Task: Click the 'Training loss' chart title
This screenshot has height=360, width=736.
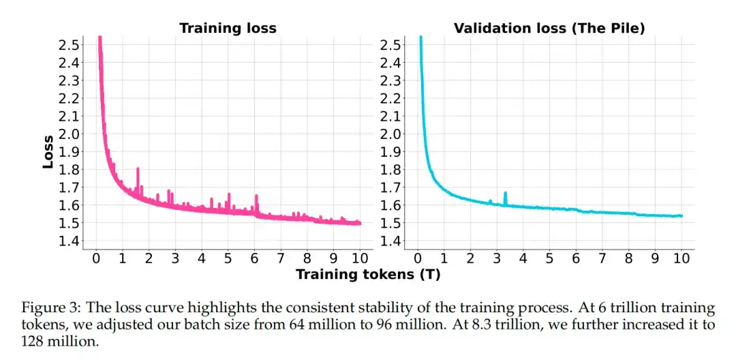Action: (228, 29)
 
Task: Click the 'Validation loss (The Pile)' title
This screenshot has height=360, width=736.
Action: (549, 29)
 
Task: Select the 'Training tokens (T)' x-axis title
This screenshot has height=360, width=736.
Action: (369, 274)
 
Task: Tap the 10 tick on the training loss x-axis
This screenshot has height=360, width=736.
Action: (359, 259)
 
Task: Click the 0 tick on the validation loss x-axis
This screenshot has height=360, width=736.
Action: (418, 259)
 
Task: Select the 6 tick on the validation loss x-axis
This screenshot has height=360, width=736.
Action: (576, 259)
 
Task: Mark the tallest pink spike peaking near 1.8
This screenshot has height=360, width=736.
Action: (138, 169)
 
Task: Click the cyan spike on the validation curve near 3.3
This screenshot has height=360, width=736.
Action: (505, 194)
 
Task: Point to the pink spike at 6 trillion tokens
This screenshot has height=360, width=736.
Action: (256, 198)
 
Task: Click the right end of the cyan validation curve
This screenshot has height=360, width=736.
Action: (681, 215)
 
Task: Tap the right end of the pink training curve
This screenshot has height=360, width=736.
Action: (359, 222)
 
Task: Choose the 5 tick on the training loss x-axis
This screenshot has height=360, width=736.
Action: (228, 259)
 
